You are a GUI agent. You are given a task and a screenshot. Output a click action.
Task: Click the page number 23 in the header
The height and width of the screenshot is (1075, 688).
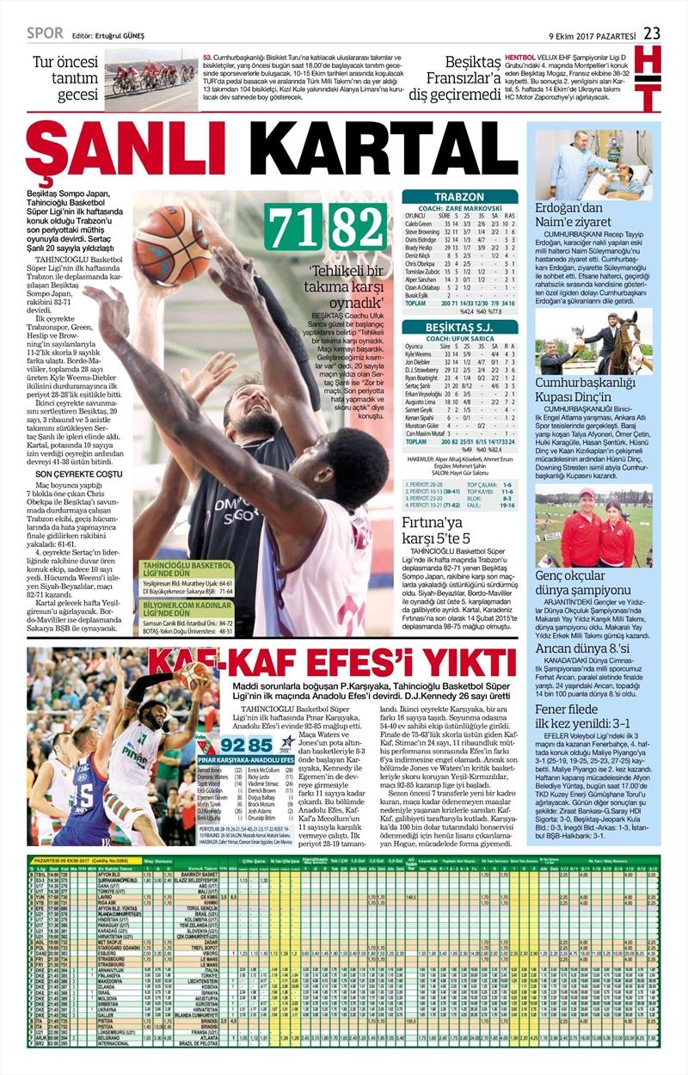point(651,34)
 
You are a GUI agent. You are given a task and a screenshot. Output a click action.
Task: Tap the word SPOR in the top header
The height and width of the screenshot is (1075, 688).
point(45,34)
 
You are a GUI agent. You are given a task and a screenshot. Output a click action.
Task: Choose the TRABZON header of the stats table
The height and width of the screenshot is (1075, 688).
point(459,197)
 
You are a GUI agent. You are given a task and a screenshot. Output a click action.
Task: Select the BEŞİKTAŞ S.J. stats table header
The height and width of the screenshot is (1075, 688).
point(459,328)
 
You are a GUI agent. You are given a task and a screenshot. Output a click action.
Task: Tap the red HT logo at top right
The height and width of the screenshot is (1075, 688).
point(650,80)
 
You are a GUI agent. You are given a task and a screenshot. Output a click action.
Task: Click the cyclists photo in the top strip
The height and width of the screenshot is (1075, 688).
point(150,79)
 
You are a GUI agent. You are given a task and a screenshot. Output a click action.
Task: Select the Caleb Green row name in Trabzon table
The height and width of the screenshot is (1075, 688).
point(419,224)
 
